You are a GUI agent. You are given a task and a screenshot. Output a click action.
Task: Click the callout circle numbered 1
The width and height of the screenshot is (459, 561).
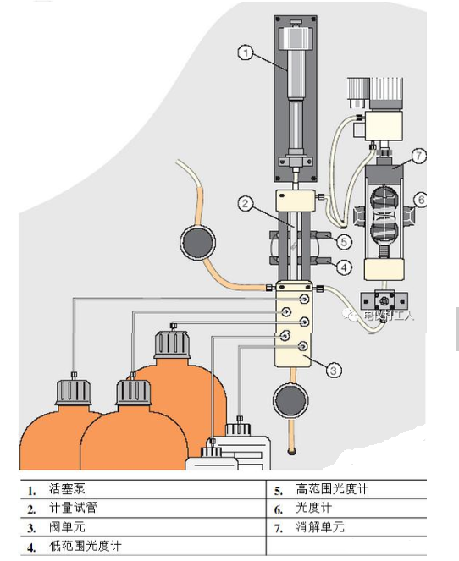[244, 52]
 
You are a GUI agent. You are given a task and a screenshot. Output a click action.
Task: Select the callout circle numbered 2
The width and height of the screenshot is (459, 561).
[245, 203]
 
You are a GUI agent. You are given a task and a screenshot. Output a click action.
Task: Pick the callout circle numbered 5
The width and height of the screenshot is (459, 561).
[344, 241]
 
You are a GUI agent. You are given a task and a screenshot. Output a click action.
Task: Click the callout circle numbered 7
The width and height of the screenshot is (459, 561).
[419, 155]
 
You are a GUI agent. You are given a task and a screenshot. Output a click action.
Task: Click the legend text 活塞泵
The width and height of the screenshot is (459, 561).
[67, 489]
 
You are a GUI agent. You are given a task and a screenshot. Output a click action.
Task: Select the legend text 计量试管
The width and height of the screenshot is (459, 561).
[73, 509]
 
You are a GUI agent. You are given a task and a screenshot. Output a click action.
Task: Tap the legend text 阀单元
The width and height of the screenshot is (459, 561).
[67, 527]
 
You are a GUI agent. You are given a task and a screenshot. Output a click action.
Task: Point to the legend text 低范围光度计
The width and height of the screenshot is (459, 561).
[85, 546]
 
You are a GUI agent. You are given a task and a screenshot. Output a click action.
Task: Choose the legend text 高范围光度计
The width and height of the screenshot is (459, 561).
[332, 489]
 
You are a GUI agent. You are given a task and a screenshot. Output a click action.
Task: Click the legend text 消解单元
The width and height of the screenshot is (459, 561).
[320, 527]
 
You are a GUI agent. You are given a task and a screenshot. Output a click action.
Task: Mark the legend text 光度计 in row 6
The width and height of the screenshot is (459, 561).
[313, 509]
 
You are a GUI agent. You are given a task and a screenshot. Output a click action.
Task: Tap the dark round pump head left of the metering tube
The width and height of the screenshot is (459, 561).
[198, 243]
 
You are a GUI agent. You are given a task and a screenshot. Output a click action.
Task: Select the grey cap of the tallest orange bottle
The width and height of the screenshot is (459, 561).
[172, 344]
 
